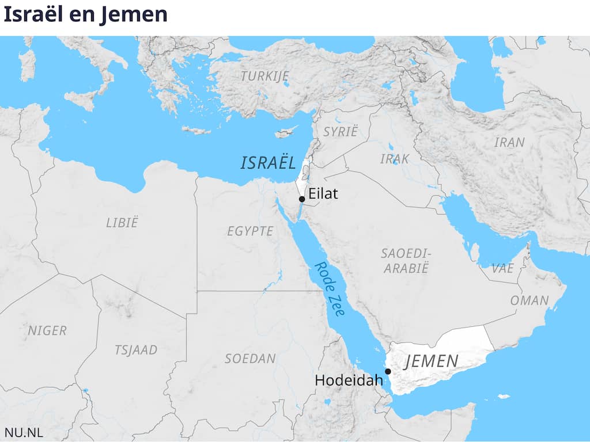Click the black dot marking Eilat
[302, 199]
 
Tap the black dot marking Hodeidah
[388, 371]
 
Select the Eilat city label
[323, 194]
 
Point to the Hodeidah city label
[349, 380]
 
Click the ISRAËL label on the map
[267, 163]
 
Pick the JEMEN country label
[432, 361]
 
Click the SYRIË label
[340, 131]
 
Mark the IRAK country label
[394, 158]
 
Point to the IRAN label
[509, 142]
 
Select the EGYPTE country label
[250, 231]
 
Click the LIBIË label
[122, 223]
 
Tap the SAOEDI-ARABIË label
[407, 261]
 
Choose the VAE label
[502, 268]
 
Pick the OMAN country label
[529, 300]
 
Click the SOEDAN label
[250, 359]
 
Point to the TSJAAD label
[135, 350]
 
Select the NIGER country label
[47, 331]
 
